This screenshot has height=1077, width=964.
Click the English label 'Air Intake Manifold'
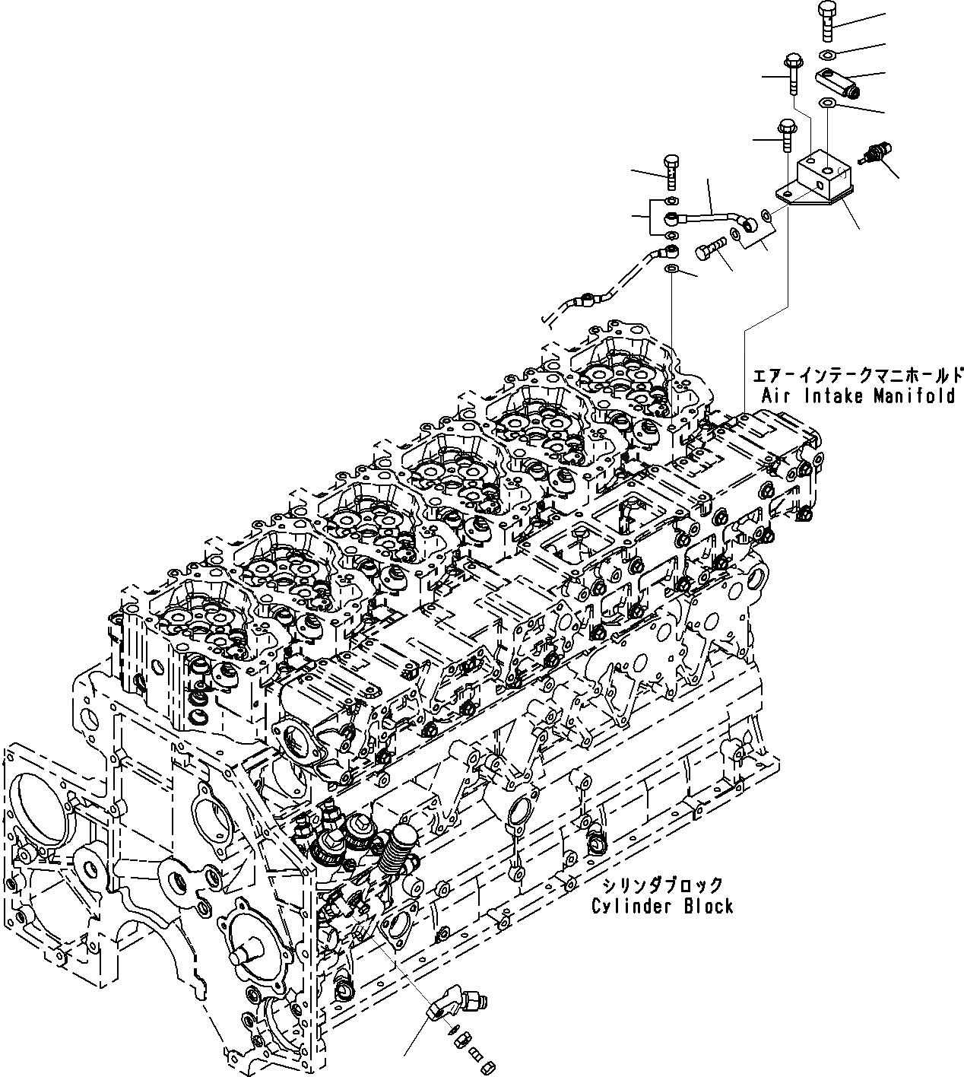[x=858, y=396]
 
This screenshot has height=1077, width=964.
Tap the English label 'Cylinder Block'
[x=662, y=906]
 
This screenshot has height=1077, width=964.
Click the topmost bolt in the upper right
[x=827, y=20]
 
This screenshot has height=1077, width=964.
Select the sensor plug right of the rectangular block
[x=877, y=152]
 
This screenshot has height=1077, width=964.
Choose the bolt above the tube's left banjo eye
[x=671, y=171]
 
